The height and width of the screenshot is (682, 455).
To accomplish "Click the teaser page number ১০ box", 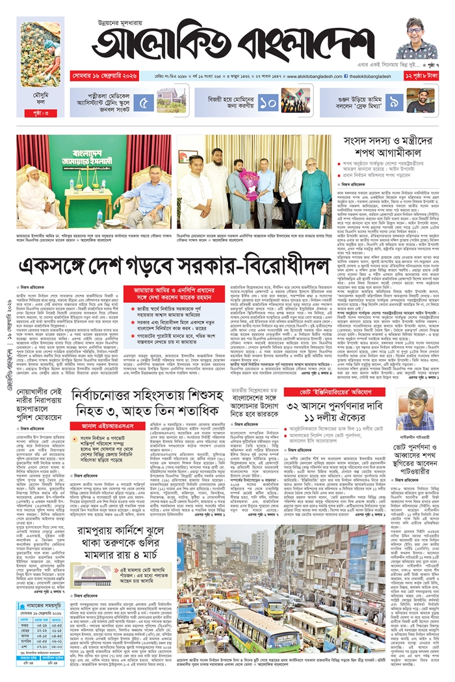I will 268,101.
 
